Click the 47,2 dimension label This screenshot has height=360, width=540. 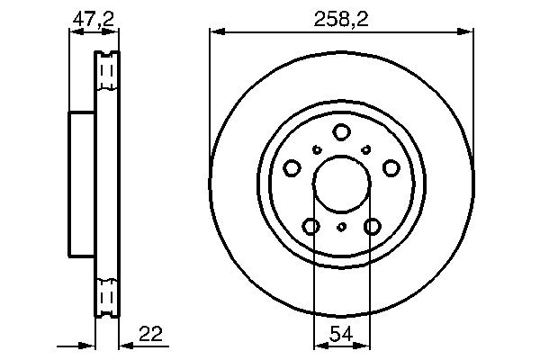(x=93, y=19)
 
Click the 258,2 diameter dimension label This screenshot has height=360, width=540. (x=341, y=19)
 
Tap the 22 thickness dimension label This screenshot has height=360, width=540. (x=150, y=334)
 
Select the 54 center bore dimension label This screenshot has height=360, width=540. (x=341, y=334)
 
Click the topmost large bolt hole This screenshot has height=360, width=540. (x=341, y=132)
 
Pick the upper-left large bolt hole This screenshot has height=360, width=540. (x=292, y=168)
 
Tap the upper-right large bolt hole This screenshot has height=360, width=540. (x=391, y=168)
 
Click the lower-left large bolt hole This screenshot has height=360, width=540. (x=311, y=226)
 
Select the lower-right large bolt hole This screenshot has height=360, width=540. (x=373, y=226)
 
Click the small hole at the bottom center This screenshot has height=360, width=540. (x=341, y=227)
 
